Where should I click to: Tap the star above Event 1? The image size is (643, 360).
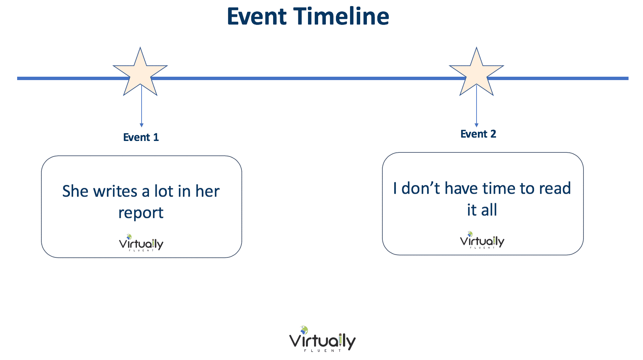pos(140,71)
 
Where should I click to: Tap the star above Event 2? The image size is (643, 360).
pos(477,71)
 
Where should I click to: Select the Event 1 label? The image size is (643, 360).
pos(141,137)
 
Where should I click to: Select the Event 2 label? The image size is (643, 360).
pos(478,134)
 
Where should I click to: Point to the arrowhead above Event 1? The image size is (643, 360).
pos(142,125)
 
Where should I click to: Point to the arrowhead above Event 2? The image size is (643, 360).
pos(477,125)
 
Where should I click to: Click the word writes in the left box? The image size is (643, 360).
pos(115,191)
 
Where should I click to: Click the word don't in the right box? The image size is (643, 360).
pos(421,188)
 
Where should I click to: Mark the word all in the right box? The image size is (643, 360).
pos(489,210)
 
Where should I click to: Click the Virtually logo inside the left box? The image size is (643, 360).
pos(141,243)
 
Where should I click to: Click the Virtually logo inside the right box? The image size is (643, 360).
pos(482,240)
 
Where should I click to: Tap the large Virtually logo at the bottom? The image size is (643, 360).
pos(322,339)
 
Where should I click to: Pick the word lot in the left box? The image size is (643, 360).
pos(163,191)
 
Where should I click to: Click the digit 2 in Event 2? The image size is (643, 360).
pos(493,134)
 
